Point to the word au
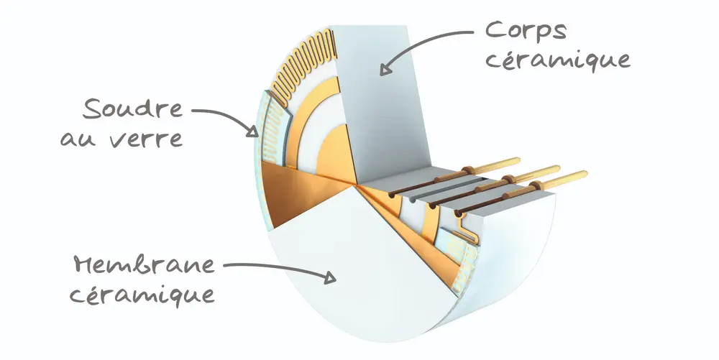tap(78, 138)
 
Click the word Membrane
tap(143, 264)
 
